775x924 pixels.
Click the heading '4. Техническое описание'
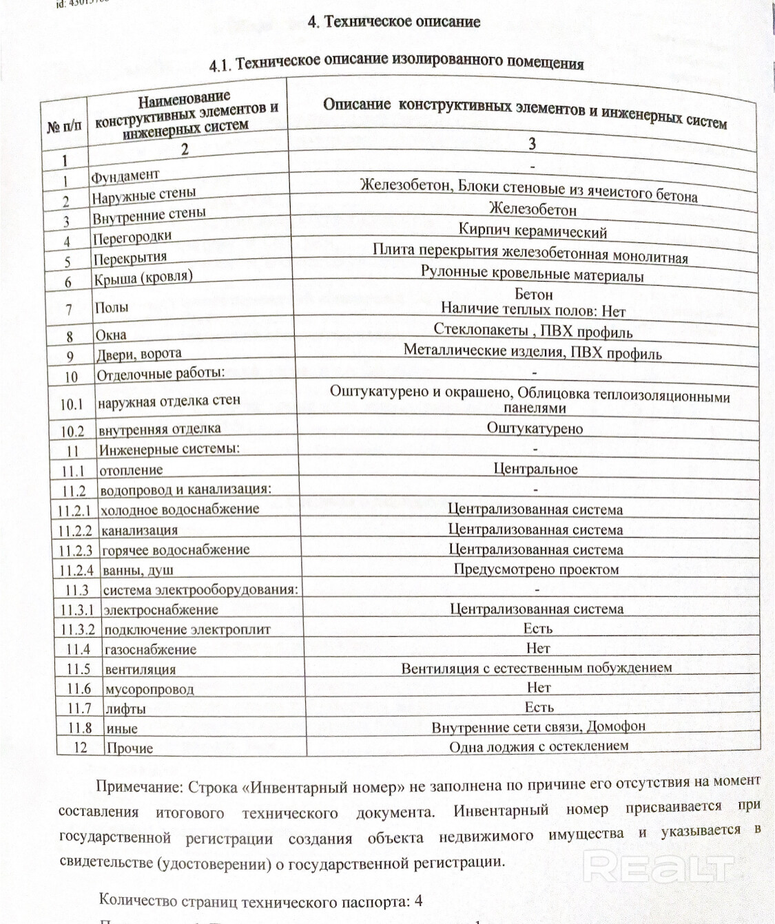click(393, 21)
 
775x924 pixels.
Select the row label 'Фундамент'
click(125, 176)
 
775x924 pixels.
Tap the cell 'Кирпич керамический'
click(533, 231)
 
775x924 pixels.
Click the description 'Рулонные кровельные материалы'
click(532, 274)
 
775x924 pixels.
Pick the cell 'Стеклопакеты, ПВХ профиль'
click(533, 331)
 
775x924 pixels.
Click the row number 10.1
click(72, 404)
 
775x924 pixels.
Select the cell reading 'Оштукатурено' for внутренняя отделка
click(535, 428)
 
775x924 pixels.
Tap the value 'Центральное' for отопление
click(535, 469)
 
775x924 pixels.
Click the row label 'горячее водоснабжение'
click(176, 550)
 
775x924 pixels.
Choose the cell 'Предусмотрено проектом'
click(536, 569)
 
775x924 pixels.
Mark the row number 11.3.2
click(77, 629)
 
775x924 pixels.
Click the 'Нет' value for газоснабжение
click(537, 648)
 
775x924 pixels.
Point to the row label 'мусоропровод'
click(149, 689)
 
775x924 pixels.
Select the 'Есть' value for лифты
click(539, 707)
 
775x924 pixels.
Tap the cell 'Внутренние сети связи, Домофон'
click(538, 726)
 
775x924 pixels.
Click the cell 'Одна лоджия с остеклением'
click(539, 746)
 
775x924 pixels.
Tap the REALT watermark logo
click(660, 866)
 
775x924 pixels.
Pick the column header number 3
click(532, 143)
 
